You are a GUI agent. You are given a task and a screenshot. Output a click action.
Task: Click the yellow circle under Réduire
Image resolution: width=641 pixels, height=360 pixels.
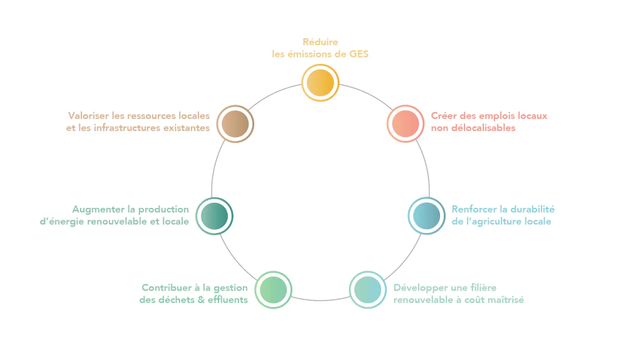tap(320, 83)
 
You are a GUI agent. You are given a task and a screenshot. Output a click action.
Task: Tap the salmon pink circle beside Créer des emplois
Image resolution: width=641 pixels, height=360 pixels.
tap(406, 123)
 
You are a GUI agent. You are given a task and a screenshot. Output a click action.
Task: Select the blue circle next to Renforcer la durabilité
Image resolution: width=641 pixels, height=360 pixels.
tap(426, 216)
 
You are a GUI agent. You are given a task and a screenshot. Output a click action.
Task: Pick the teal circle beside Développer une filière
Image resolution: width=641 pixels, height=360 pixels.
tap(367, 290)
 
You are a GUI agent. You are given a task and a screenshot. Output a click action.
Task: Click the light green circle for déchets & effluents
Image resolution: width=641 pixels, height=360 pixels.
tap(273, 290)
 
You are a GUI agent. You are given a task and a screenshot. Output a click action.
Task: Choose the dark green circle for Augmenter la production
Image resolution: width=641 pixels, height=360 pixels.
tap(214, 216)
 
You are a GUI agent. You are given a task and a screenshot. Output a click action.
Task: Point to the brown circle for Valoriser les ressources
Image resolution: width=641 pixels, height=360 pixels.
tap(235, 123)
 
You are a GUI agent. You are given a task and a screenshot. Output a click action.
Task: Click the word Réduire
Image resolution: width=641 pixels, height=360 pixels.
tap(320, 42)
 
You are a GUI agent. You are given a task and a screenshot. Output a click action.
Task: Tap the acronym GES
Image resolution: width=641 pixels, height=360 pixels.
tap(359, 54)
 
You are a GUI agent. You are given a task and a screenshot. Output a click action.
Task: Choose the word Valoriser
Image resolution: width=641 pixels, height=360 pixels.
tap(88, 116)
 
